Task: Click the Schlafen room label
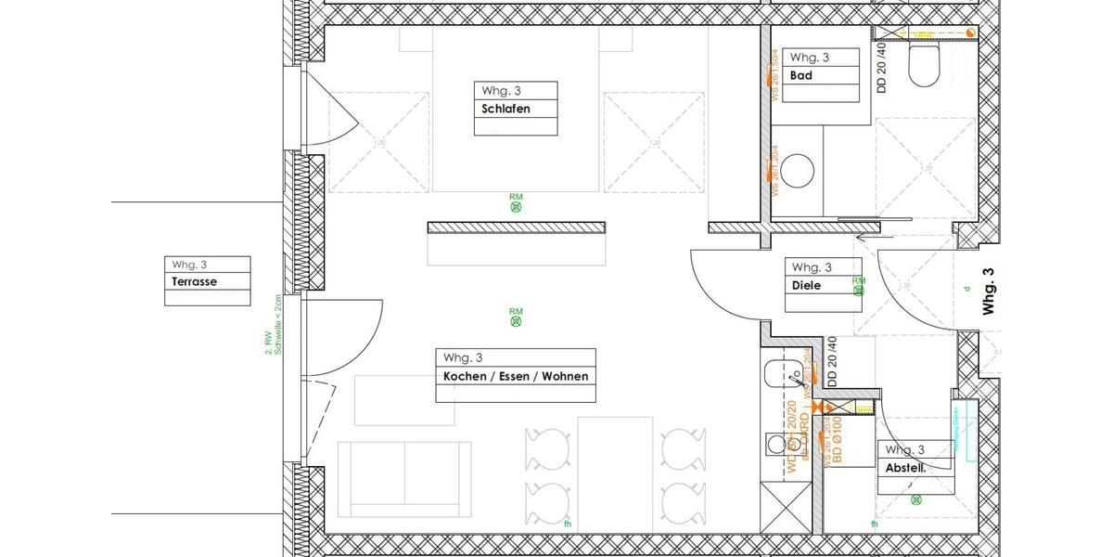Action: coord(505,109)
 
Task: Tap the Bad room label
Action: coord(800,75)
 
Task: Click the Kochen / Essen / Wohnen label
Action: coord(515,376)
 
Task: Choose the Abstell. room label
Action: coord(905,469)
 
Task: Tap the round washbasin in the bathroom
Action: coord(796,172)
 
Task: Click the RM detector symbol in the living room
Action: coord(516,321)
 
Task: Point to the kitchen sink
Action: coord(777,376)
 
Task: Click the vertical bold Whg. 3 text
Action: coord(988,291)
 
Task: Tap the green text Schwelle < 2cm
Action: coord(275,325)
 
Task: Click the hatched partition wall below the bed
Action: coord(516,227)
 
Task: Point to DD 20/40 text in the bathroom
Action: coord(881,67)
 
